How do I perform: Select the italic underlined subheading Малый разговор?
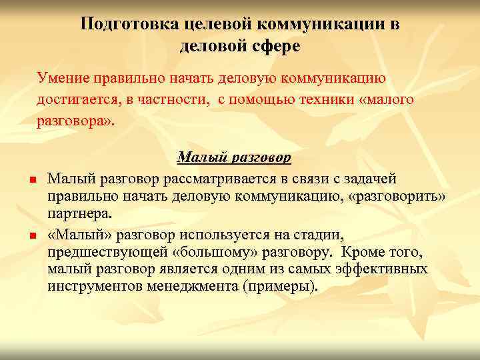(234, 157)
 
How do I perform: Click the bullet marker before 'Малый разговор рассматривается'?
(31, 179)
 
